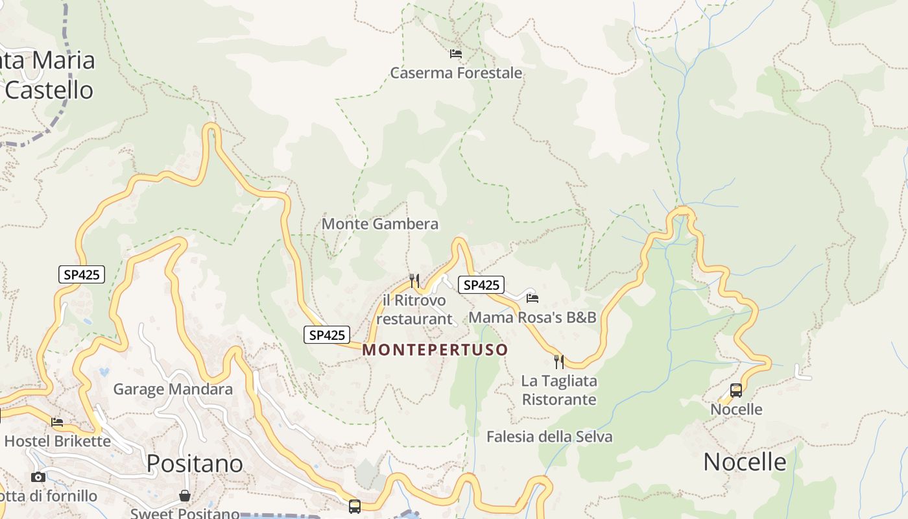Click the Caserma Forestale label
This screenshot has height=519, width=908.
(x=456, y=73)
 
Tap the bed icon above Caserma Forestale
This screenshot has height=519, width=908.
(x=456, y=53)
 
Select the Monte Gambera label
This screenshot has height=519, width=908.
(x=380, y=224)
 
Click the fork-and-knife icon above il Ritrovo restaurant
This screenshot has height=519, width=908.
(x=414, y=280)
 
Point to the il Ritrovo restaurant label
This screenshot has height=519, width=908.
(x=414, y=309)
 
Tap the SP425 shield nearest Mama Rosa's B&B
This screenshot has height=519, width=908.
(x=481, y=285)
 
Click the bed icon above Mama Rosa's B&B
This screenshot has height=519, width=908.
(x=532, y=298)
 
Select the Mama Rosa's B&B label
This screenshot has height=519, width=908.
(x=532, y=317)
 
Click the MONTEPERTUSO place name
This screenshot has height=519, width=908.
(x=435, y=350)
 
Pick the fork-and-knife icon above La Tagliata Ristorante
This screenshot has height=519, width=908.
(x=558, y=361)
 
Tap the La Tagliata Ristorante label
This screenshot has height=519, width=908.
(x=559, y=390)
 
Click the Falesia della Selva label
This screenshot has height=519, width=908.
(x=549, y=437)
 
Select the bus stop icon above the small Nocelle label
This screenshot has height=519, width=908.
(x=736, y=390)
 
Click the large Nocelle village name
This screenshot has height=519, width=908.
(x=745, y=462)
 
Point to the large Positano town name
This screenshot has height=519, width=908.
(x=195, y=463)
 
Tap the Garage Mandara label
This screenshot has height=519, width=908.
(x=173, y=389)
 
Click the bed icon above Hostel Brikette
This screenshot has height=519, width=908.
(x=57, y=422)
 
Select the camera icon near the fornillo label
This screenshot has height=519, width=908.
(x=38, y=477)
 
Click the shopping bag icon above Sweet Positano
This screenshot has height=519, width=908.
(x=185, y=496)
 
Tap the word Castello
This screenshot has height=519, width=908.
(x=49, y=90)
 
